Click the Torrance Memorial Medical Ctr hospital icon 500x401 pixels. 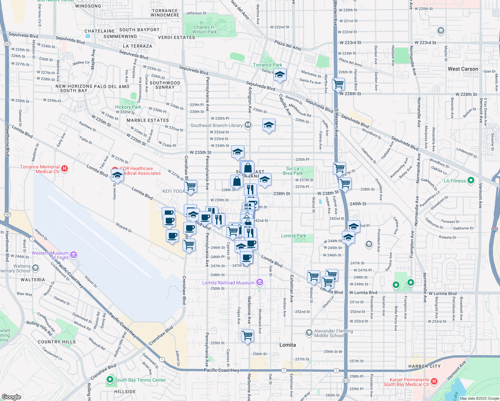click(x=65, y=169)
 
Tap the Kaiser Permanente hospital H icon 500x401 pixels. click(x=434, y=381)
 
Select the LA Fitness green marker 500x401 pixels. click(x=471, y=181)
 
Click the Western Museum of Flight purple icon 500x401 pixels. click(x=74, y=255)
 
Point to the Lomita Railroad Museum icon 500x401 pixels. click(x=259, y=283)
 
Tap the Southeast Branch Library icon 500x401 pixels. click(x=248, y=125)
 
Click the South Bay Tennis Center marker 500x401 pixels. click(x=110, y=380)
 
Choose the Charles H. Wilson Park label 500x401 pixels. click(x=205, y=29)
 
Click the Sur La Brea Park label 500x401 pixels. click(x=292, y=171)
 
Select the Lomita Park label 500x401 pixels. click(x=293, y=236)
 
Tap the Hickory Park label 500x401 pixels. click(x=128, y=107)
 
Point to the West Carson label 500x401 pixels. click(x=463, y=69)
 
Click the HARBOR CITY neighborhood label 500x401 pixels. click(x=424, y=366)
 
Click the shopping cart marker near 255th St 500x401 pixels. click(x=247, y=335)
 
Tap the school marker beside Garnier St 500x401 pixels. click(x=117, y=175)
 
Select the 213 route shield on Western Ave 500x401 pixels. click(x=346, y=380)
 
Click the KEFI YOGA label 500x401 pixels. click(x=173, y=191)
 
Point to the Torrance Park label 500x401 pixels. click(x=267, y=65)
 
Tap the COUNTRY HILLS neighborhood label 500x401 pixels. click(x=57, y=342)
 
